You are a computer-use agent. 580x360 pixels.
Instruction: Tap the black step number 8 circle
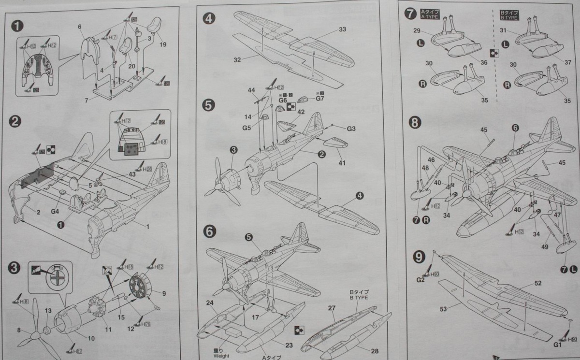point(414,123)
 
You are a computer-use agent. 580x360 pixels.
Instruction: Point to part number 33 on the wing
point(342,30)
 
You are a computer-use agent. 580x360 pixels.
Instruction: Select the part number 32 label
point(237,60)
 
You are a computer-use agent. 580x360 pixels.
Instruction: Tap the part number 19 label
point(162,44)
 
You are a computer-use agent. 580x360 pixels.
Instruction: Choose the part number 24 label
point(210,303)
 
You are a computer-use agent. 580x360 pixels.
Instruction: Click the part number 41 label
point(342,163)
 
